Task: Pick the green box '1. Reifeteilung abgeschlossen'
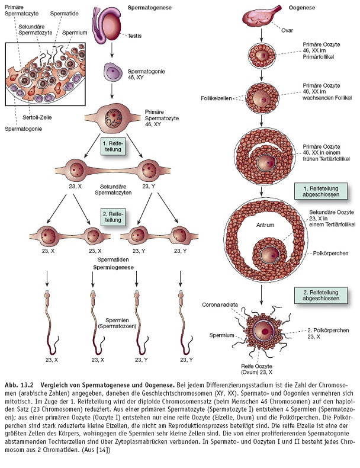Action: pos(320,191)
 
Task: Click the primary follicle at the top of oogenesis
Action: pos(262,56)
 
